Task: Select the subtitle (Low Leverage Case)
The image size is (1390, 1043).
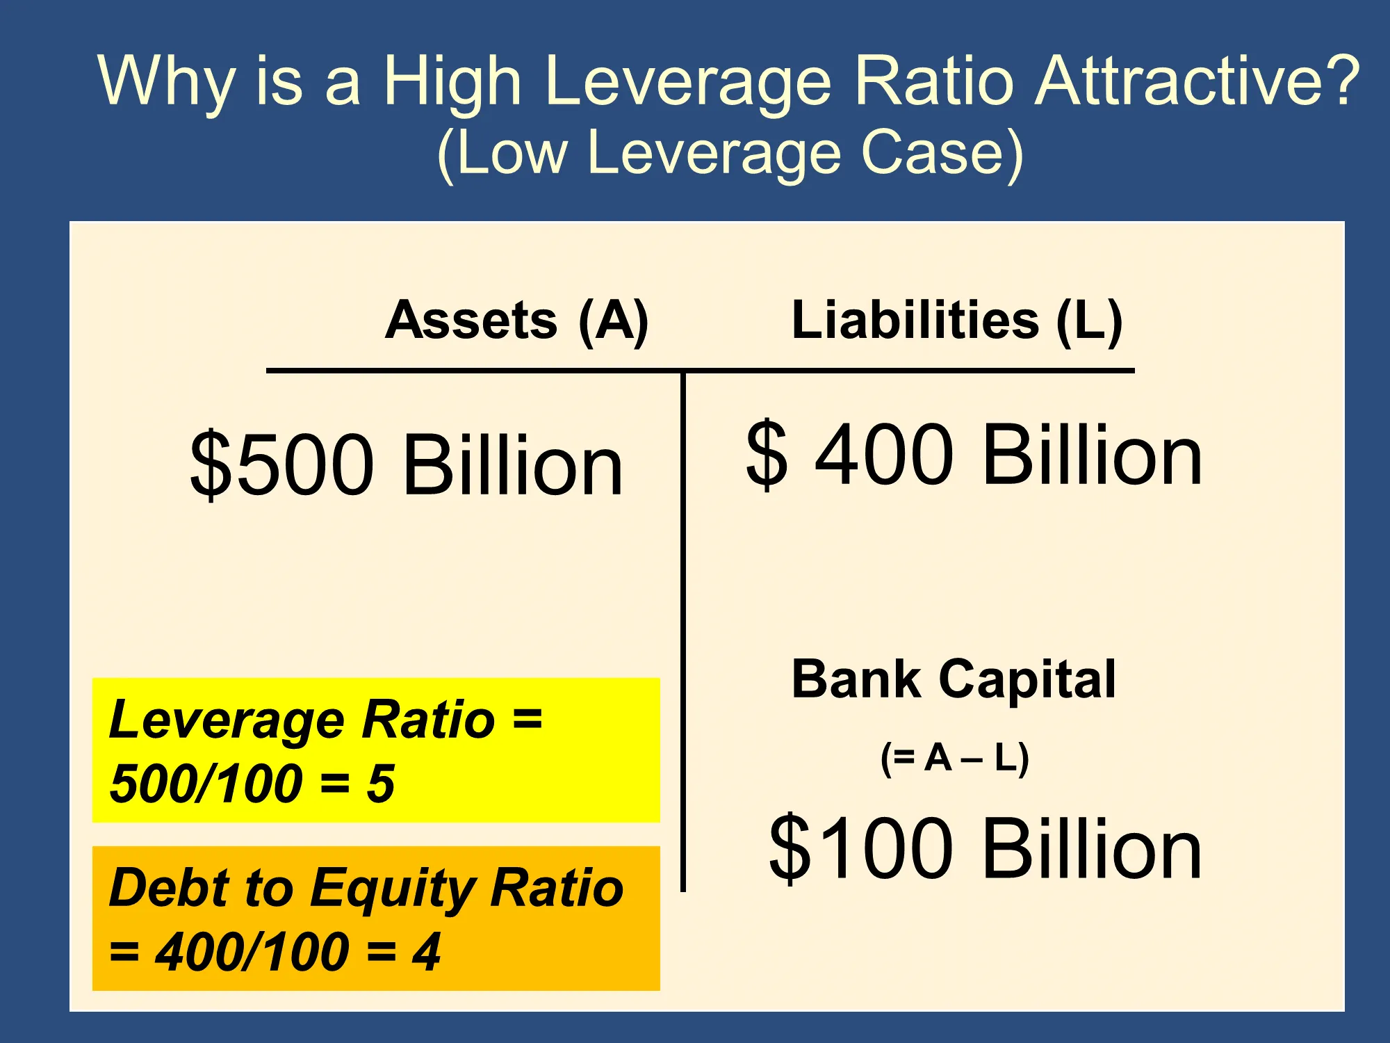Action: click(x=730, y=155)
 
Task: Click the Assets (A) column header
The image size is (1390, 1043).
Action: click(x=517, y=321)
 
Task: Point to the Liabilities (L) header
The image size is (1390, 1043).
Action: click(x=957, y=321)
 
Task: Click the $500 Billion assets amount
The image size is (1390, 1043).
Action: click(x=407, y=464)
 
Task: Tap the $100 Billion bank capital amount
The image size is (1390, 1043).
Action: click(x=986, y=848)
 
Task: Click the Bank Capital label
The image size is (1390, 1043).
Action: click(x=954, y=679)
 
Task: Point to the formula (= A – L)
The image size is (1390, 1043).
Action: click(x=954, y=758)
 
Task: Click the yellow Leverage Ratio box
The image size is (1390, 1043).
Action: click(x=376, y=750)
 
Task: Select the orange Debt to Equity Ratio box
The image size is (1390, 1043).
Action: click(x=376, y=918)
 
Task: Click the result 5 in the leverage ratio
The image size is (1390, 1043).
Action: click(x=381, y=784)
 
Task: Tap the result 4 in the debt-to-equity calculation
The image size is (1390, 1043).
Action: click(x=426, y=952)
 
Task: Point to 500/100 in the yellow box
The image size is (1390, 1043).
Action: click(x=206, y=784)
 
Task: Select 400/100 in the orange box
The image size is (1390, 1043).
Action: click(x=252, y=952)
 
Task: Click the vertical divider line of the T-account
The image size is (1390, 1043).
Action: click(x=683, y=631)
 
